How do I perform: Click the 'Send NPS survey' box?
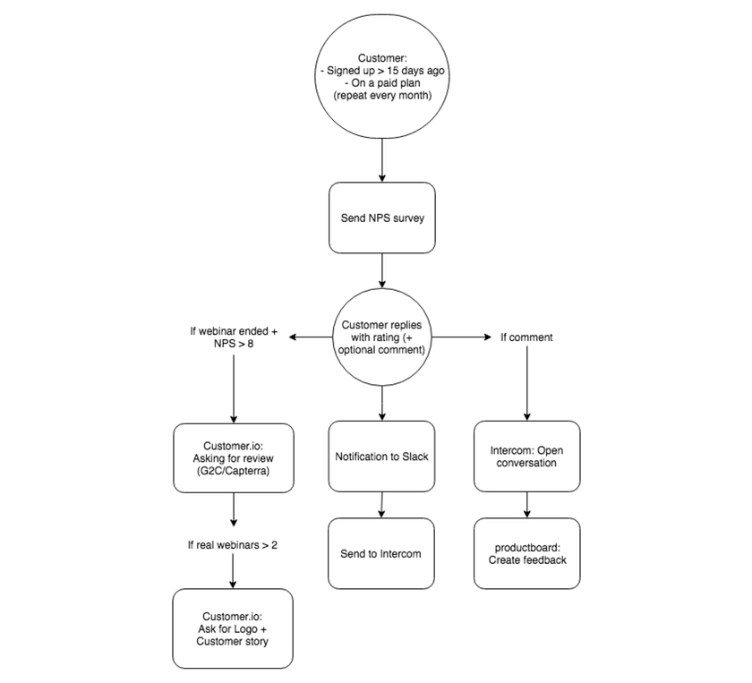(382, 218)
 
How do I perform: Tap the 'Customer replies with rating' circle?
(382, 337)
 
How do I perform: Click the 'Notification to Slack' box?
(382, 457)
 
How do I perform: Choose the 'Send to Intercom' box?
(382, 553)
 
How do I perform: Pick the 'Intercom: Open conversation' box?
(526, 457)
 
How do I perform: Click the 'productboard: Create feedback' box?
(526, 553)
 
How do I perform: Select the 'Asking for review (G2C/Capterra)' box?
(234, 457)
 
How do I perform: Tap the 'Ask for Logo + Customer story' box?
(234, 628)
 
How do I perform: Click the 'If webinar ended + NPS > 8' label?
(234, 337)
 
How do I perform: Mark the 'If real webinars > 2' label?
(234, 544)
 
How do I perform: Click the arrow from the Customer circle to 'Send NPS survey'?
(382, 161)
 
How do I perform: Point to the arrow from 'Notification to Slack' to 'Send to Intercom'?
(383, 504)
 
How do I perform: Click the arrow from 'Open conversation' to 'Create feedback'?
(526, 504)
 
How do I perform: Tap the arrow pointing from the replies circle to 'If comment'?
(456, 337)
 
